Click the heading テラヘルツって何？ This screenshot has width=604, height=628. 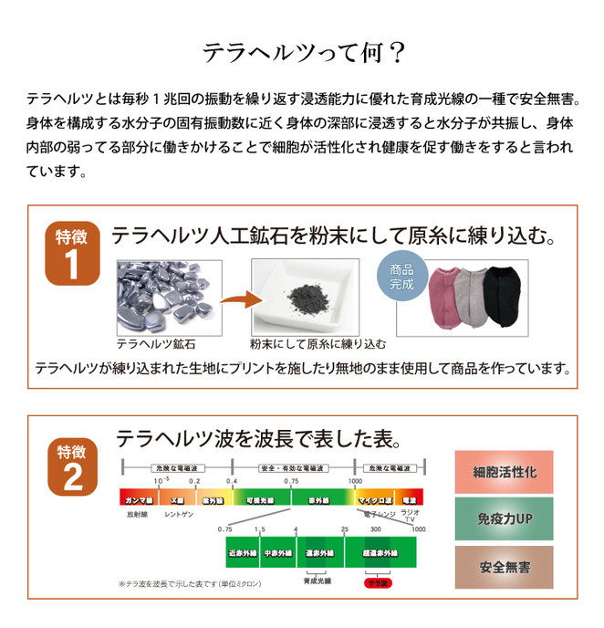tap(302, 51)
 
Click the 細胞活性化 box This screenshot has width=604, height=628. tap(505, 473)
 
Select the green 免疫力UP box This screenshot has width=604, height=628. tap(505, 519)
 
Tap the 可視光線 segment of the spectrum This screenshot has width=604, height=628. tap(260, 500)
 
